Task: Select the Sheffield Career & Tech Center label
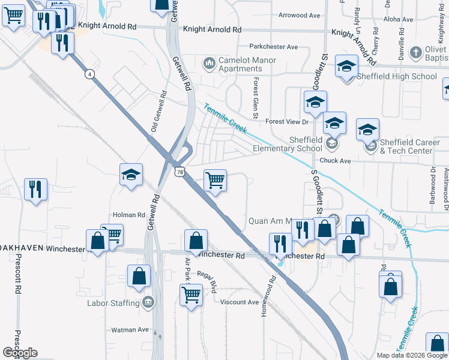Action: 406,146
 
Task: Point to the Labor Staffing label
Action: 113,303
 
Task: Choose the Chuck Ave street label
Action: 335,161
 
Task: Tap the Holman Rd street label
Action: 129,214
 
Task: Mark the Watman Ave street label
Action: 130,329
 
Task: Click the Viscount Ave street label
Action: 239,302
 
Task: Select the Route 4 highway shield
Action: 89,74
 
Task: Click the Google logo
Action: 20,353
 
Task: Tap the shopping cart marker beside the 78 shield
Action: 214,180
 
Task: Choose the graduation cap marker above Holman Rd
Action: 131,175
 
